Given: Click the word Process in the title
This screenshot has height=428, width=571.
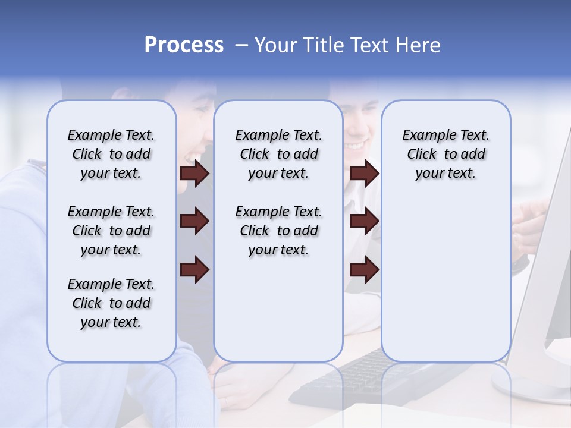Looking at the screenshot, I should point(184,45).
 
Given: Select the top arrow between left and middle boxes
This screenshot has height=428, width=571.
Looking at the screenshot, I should point(194,173).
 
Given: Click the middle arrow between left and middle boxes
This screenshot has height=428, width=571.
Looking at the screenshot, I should point(194,222).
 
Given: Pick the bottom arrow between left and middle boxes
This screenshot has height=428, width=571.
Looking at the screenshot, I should point(194,270).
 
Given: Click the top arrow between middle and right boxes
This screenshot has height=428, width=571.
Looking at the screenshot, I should point(364,173).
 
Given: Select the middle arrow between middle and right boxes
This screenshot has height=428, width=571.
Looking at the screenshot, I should point(364,222).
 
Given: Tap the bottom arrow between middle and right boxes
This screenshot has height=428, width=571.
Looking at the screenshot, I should point(364,270).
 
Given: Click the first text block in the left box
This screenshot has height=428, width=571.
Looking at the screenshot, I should point(111,154).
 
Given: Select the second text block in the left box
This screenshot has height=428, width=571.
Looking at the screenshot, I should point(111,231).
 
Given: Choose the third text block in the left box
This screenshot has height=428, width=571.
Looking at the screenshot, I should point(111,303).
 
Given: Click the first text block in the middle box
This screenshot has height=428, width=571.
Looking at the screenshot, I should point(278,154).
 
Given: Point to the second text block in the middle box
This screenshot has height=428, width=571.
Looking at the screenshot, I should point(278,231).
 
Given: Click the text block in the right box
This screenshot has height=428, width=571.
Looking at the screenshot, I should point(445,154).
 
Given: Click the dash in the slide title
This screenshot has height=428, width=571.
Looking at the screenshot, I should point(241,45).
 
